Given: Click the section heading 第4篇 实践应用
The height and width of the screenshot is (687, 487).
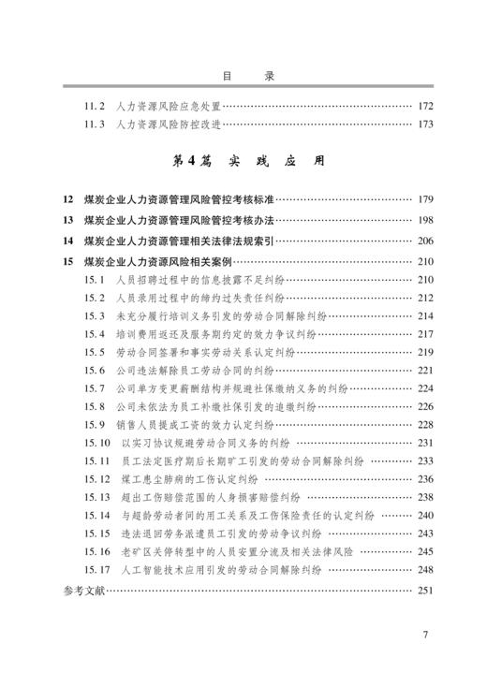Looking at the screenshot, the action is pyautogui.click(x=243, y=161).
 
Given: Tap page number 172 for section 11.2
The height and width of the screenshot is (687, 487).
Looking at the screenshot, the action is pyautogui.click(x=426, y=106).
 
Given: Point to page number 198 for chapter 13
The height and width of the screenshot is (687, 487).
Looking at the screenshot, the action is pyautogui.click(x=426, y=220).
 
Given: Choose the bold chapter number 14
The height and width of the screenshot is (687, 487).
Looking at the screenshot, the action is pyautogui.click(x=66, y=241).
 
